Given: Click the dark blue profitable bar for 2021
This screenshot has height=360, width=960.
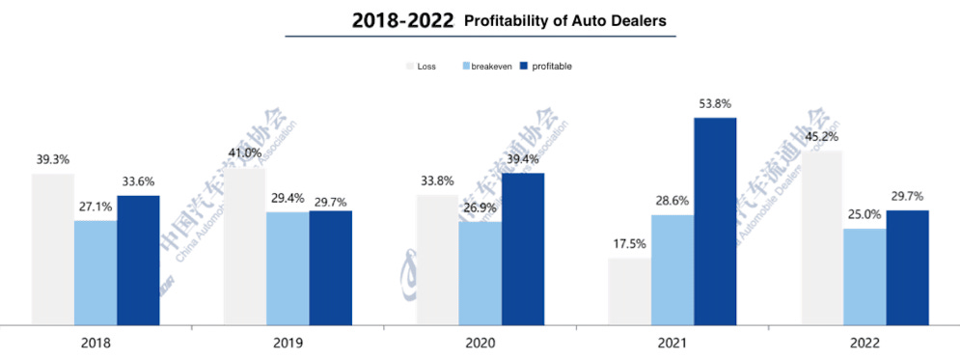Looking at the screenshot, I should pyautogui.click(x=715, y=221).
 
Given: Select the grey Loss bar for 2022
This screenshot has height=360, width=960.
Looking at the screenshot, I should pyautogui.click(x=821, y=237).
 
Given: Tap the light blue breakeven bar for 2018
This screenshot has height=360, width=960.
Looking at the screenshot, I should pyautogui.click(x=96, y=272).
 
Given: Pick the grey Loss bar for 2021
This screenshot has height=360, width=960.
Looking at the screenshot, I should pyautogui.click(x=629, y=291).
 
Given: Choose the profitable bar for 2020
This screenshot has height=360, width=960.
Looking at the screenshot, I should pyautogui.click(x=523, y=248).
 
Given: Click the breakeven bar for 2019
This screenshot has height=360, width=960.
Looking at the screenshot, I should pyautogui.click(x=288, y=267).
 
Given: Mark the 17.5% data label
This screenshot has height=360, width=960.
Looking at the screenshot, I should pyautogui.click(x=629, y=243).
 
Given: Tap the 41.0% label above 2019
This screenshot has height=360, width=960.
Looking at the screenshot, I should pyautogui.click(x=245, y=152).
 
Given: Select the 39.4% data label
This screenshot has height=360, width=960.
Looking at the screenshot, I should pyautogui.click(x=523, y=158).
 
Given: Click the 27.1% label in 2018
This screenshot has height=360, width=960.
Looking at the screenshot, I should pyautogui.click(x=96, y=206).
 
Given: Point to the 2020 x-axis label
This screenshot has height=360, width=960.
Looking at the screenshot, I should pyautogui.click(x=480, y=343).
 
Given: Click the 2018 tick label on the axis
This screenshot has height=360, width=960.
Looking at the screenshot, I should pyautogui.click(x=96, y=343).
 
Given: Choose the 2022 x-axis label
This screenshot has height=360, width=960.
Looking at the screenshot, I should pyautogui.click(x=864, y=343).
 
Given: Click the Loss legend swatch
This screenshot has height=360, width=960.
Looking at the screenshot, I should pyautogui.click(x=409, y=67).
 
